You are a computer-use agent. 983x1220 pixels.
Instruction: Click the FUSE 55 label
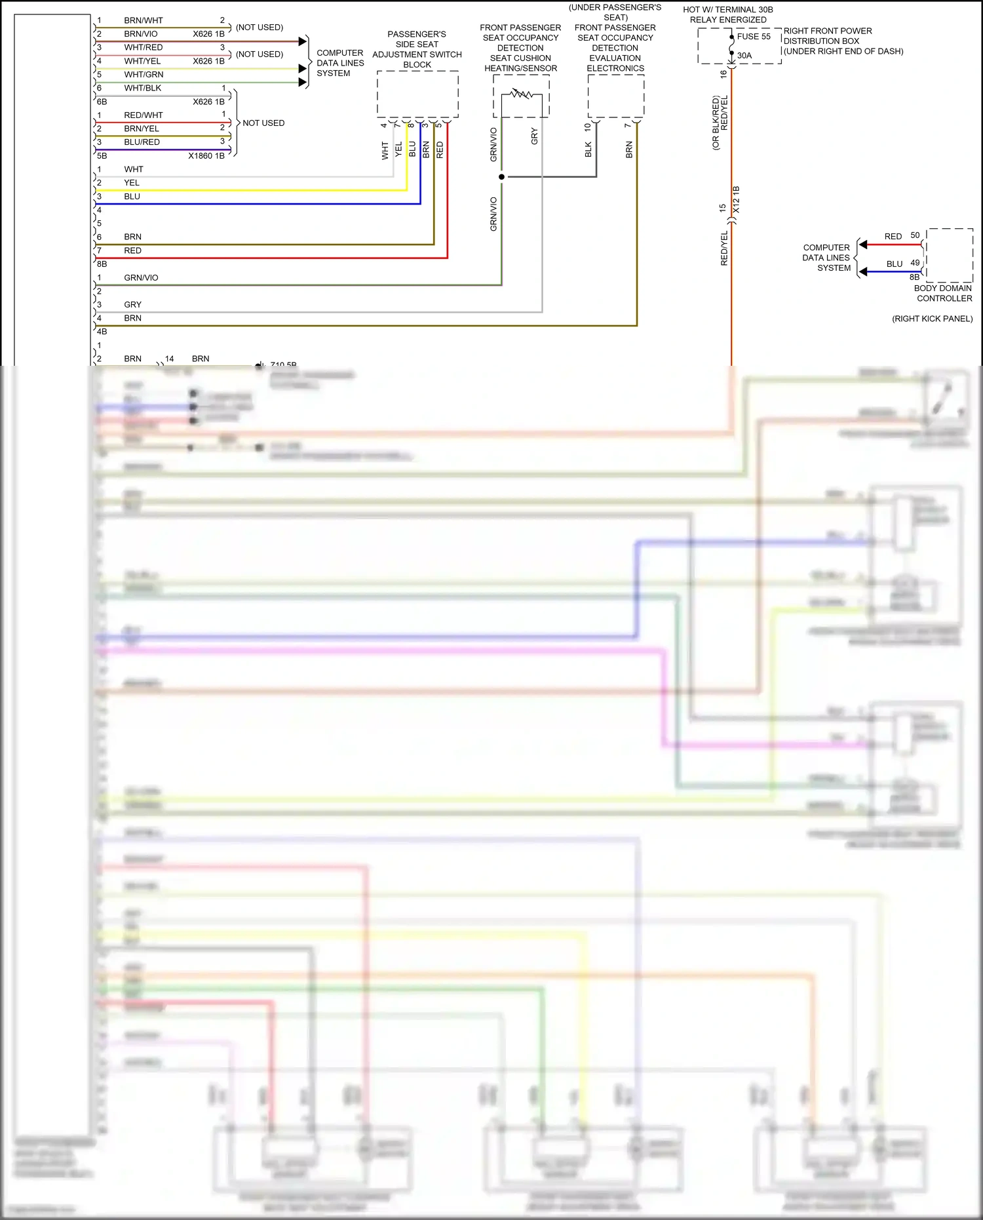(x=754, y=37)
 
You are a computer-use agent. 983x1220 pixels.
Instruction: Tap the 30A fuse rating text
(x=744, y=56)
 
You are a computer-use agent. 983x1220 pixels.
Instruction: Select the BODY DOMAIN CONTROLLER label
(x=943, y=293)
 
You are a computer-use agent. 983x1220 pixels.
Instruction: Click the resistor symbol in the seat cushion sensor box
(x=522, y=94)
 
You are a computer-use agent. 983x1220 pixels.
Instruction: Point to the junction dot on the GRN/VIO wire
(x=502, y=177)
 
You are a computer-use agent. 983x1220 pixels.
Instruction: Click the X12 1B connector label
(x=736, y=200)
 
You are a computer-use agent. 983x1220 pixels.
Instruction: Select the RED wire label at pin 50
(x=893, y=237)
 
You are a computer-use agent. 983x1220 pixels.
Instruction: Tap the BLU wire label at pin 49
(x=894, y=264)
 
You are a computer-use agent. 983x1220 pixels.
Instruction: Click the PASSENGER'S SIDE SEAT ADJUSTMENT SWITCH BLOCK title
(x=417, y=49)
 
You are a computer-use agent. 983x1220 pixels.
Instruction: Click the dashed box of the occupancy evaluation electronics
(x=615, y=96)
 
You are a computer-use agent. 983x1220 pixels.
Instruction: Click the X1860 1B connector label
(x=206, y=156)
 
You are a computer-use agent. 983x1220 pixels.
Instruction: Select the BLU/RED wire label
(x=142, y=142)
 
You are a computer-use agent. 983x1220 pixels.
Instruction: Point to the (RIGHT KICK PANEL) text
(x=932, y=319)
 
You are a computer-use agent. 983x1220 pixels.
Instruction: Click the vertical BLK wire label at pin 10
(x=588, y=149)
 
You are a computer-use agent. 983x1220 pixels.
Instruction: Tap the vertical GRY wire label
(x=535, y=136)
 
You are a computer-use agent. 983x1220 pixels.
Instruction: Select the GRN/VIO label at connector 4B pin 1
(x=141, y=278)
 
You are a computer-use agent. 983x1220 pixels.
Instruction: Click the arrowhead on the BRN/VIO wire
(x=302, y=41)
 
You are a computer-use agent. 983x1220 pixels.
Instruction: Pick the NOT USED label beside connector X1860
(x=263, y=123)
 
